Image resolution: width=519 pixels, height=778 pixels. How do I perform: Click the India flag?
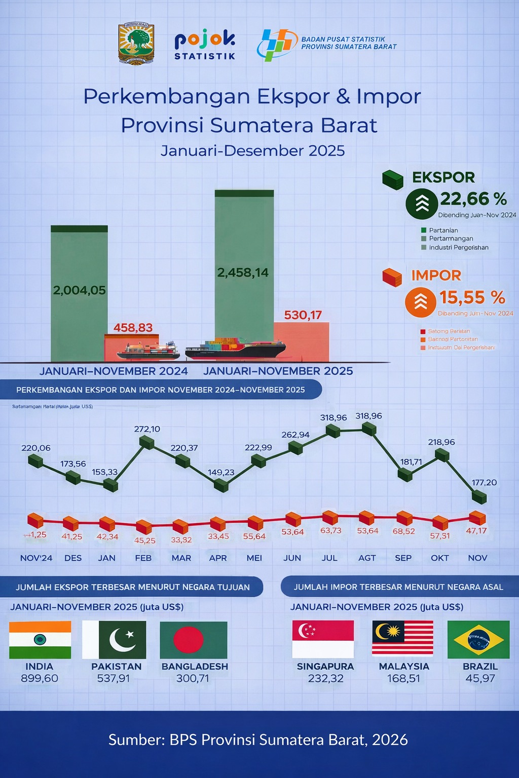click(x=40, y=639)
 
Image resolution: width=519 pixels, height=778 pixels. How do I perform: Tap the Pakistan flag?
click(x=114, y=639)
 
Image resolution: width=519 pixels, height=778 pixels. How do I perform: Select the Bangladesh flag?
click(x=193, y=640)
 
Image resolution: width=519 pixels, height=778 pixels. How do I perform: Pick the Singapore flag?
click(x=323, y=639)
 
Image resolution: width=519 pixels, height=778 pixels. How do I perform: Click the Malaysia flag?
click(x=402, y=638)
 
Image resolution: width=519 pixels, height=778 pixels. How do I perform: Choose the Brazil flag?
click(x=478, y=639)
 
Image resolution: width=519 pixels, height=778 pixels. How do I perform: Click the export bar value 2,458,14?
click(x=243, y=273)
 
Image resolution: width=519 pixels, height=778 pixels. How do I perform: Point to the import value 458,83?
click(x=133, y=328)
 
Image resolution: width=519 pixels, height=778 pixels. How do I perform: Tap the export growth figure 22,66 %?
click(x=473, y=199)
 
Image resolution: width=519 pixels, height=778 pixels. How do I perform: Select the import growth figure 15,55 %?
click(x=472, y=297)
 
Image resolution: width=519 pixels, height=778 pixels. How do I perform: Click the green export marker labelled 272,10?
click(x=146, y=442)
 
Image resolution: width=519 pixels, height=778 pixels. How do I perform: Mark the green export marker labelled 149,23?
click(x=221, y=485)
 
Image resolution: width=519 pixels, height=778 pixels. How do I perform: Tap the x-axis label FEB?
click(x=143, y=558)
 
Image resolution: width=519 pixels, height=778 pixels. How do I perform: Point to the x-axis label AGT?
click(x=367, y=558)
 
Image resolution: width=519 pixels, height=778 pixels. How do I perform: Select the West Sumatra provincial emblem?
click(x=136, y=44)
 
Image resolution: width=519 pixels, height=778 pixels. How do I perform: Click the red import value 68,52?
click(x=403, y=531)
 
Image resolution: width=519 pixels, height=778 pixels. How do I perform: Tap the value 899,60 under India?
click(x=40, y=678)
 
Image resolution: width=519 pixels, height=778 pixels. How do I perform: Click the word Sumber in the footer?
click(x=136, y=740)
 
